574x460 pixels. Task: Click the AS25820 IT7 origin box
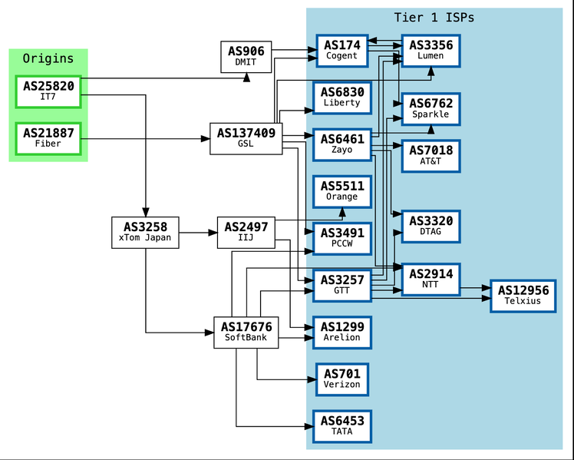coord(48,91)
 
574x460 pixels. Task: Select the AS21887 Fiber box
coord(48,138)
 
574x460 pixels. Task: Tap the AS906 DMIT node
coord(246,57)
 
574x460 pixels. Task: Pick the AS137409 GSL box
coord(246,138)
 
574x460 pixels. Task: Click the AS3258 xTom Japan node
coord(145,233)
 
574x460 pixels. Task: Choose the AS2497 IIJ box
coord(246,233)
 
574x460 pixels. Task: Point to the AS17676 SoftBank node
coord(246,333)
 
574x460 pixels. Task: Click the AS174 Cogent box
coord(342,51)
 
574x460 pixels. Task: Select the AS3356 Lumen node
coord(430,51)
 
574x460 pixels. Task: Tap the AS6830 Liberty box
coord(342,98)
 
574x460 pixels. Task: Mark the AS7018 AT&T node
coord(430,156)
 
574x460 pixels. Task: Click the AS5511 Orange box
coord(342,191)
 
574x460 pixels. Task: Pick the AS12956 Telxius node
coord(523,296)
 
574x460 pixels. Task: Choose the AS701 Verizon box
coord(342,379)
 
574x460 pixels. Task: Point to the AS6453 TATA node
coord(342,426)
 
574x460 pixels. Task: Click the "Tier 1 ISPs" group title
coord(434,17)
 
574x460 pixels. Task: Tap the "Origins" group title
coord(48,58)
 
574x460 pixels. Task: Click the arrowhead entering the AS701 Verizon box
coord(312,379)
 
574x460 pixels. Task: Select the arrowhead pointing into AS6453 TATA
coord(309,426)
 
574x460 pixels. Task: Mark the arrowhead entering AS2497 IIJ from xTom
coord(213,233)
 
